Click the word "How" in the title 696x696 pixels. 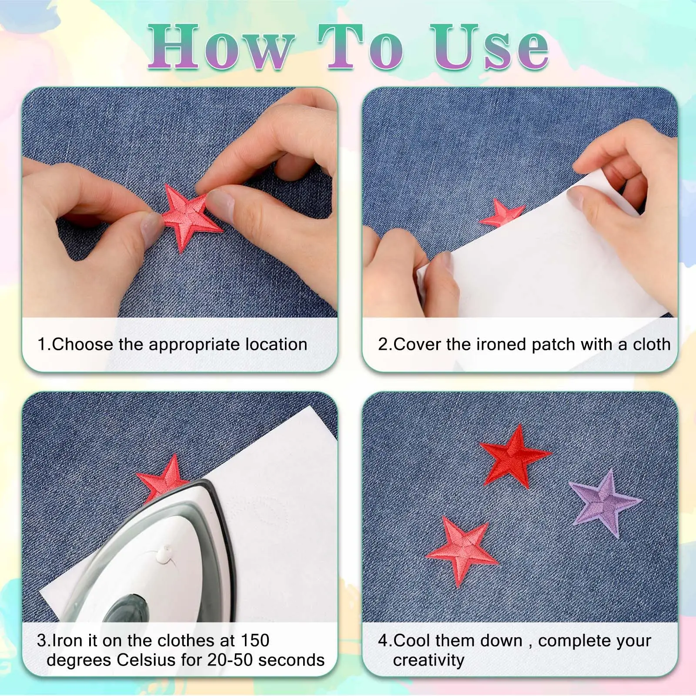[x=220, y=47]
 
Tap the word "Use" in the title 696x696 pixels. [x=490, y=47]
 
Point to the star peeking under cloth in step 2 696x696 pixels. [x=503, y=213]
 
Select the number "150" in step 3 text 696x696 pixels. [x=255, y=640]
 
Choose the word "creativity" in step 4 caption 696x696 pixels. [x=428, y=660]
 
